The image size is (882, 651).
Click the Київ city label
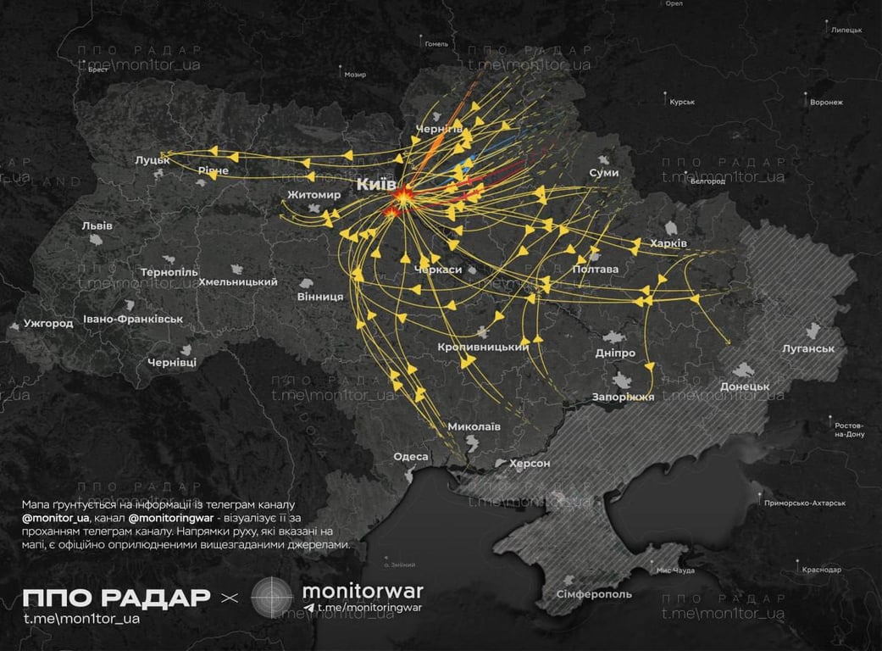coord(376,184)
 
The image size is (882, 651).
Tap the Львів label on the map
coord(97,225)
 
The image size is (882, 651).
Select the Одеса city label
coord(411,457)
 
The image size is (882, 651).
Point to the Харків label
coord(668,243)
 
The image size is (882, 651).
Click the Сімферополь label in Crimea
coord(594,594)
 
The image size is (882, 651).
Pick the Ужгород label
coord(48,323)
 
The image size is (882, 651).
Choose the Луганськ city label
coord(807,348)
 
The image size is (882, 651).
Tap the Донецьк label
coord(745,387)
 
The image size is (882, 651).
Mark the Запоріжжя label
coord(624,397)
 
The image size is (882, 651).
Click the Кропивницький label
coord(483,347)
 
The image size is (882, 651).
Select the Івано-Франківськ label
coord(133,320)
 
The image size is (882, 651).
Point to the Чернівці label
coord(172,362)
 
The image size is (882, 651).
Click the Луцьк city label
coord(153,159)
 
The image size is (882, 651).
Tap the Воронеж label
coord(826,103)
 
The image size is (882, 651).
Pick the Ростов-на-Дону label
coord(848,429)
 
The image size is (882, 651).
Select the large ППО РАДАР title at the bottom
coord(117,597)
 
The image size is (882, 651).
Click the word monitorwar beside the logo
coord(362,590)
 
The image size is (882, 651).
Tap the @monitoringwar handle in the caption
coord(173,517)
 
